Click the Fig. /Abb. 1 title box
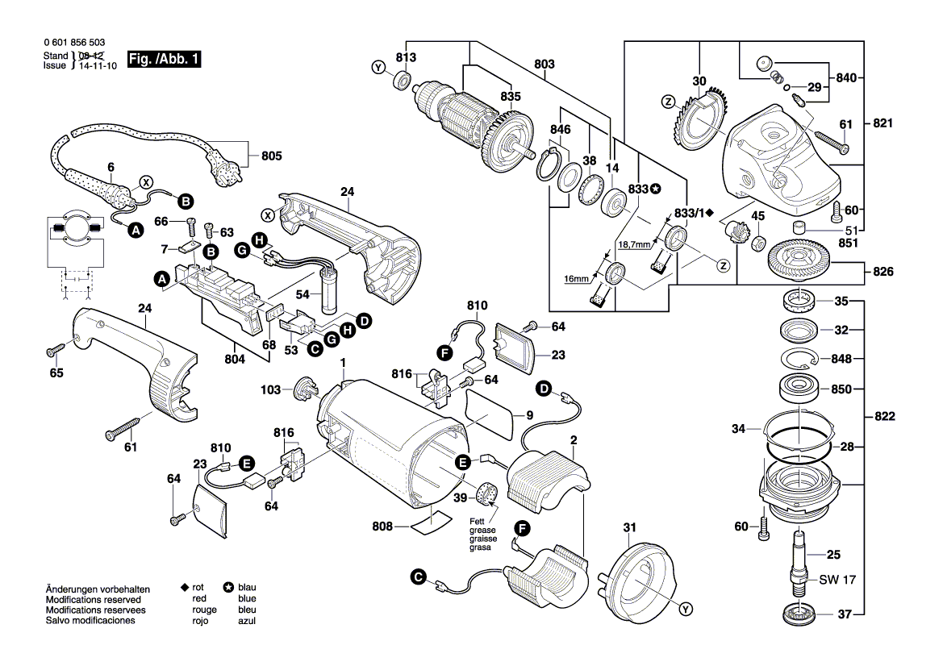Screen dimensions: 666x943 [x=163, y=60]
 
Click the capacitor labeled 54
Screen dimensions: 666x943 [x=329, y=293]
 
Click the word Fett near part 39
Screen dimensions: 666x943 [x=478, y=521]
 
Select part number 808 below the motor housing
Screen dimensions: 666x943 [x=382, y=527]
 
